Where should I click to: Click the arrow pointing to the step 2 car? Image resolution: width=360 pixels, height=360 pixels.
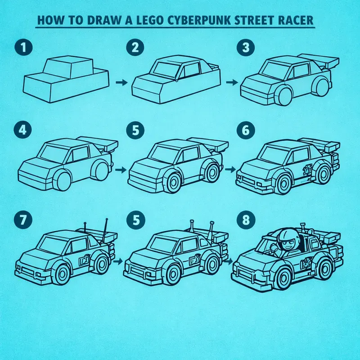point(120,83)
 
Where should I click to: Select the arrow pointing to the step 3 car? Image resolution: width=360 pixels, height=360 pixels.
point(231,83)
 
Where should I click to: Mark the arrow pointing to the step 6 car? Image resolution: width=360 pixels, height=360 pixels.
point(229,171)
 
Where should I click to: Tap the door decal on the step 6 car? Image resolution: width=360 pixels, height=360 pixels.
point(307,171)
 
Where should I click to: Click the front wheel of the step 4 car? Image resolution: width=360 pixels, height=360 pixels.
point(63,181)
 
